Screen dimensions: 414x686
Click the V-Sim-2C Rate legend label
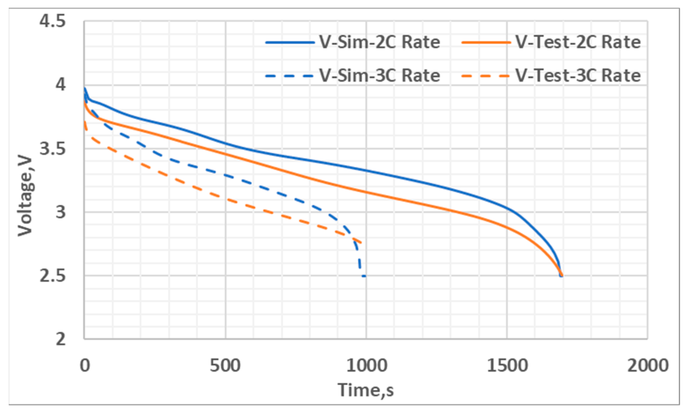pyautogui.click(x=380, y=42)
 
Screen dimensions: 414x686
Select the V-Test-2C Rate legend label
pyautogui.click(x=578, y=42)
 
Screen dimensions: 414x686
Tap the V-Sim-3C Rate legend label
pyautogui.click(x=380, y=76)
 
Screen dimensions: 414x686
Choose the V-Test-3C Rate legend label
pyautogui.click(x=578, y=76)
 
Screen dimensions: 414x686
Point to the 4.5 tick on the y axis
pyautogui.click(x=53, y=21)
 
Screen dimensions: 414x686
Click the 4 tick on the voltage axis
pyautogui.click(x=61, y=84)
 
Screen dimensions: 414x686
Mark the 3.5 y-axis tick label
pyautogui.click(x=53, y=149)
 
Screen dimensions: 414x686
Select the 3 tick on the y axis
pyautogui.click(x=61, y=212)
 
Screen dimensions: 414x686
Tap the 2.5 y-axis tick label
pyautogui.click(x=53, y=276)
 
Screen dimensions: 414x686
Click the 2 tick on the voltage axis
pyautogui.click(x=61, y=339)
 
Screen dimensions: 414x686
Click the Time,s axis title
pyautogui.click(x=366, y=390)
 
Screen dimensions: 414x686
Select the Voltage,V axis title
pyautogui.click(x=25, y=197)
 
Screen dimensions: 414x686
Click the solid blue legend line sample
pyautogui.click(x=290, y=42)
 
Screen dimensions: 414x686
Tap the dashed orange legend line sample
pyautogui.click(x=486, y=76)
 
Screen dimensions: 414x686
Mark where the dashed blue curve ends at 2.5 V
pyautogui.click(x=364, y=276)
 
